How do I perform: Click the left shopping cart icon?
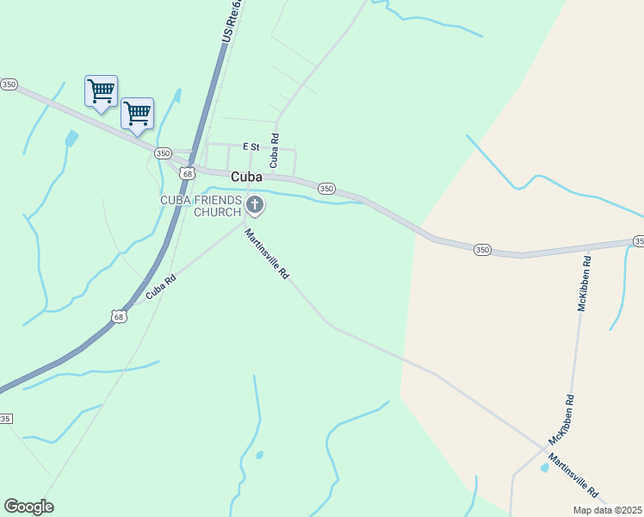click(x=101, y=90)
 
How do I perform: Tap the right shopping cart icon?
click(x=138, y=113)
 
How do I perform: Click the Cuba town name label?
click(x=246, y=176)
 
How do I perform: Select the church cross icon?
click(x=255, y=205)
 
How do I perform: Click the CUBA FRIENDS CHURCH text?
click(x=201, y=206)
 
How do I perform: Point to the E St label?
click(x=251, y=146)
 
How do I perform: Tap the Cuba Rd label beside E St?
click(x=275, y=150)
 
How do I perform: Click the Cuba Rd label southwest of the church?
click(x=161, y=286)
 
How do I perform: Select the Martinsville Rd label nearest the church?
click(x=266, y=252)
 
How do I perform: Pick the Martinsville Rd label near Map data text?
click(x=573, y=476)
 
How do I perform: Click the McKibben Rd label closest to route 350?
click(x=583, y=282)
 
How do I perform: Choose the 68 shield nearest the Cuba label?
click(x=188, y=173)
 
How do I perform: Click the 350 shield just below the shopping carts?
click(x=163, y=153)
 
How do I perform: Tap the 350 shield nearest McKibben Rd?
click(x=482, y=250)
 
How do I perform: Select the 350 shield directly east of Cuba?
click(x=326, y=188)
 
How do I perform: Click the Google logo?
click(x=28, y=507)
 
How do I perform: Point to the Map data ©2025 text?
click(x=607, y=510)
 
